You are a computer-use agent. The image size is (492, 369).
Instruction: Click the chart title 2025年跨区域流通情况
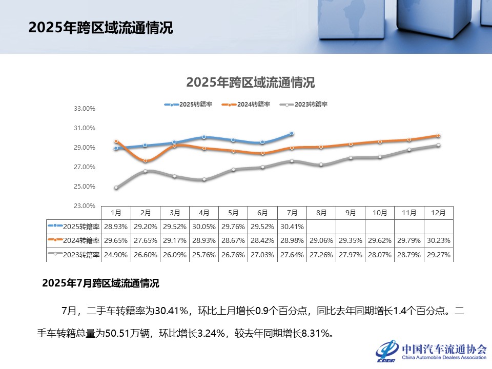coord(251,83)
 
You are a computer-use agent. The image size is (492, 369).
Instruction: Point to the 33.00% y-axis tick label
coord(85,109)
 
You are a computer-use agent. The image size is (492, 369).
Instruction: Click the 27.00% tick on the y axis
coord(85,167)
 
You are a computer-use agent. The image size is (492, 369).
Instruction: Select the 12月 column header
coord(438,212)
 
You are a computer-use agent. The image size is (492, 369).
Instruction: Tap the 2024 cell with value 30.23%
coord(438,240)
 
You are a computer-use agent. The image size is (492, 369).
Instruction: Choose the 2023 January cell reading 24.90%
coord(116,255)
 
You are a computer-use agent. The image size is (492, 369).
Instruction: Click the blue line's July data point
coord(292,133)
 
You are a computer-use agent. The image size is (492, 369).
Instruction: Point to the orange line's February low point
coord(146,161)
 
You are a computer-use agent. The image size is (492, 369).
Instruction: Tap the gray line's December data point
coord(439,145)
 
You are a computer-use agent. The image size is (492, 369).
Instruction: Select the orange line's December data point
coord(439,136)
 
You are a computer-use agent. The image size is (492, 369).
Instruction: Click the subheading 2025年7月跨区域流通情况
coord(100,283)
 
